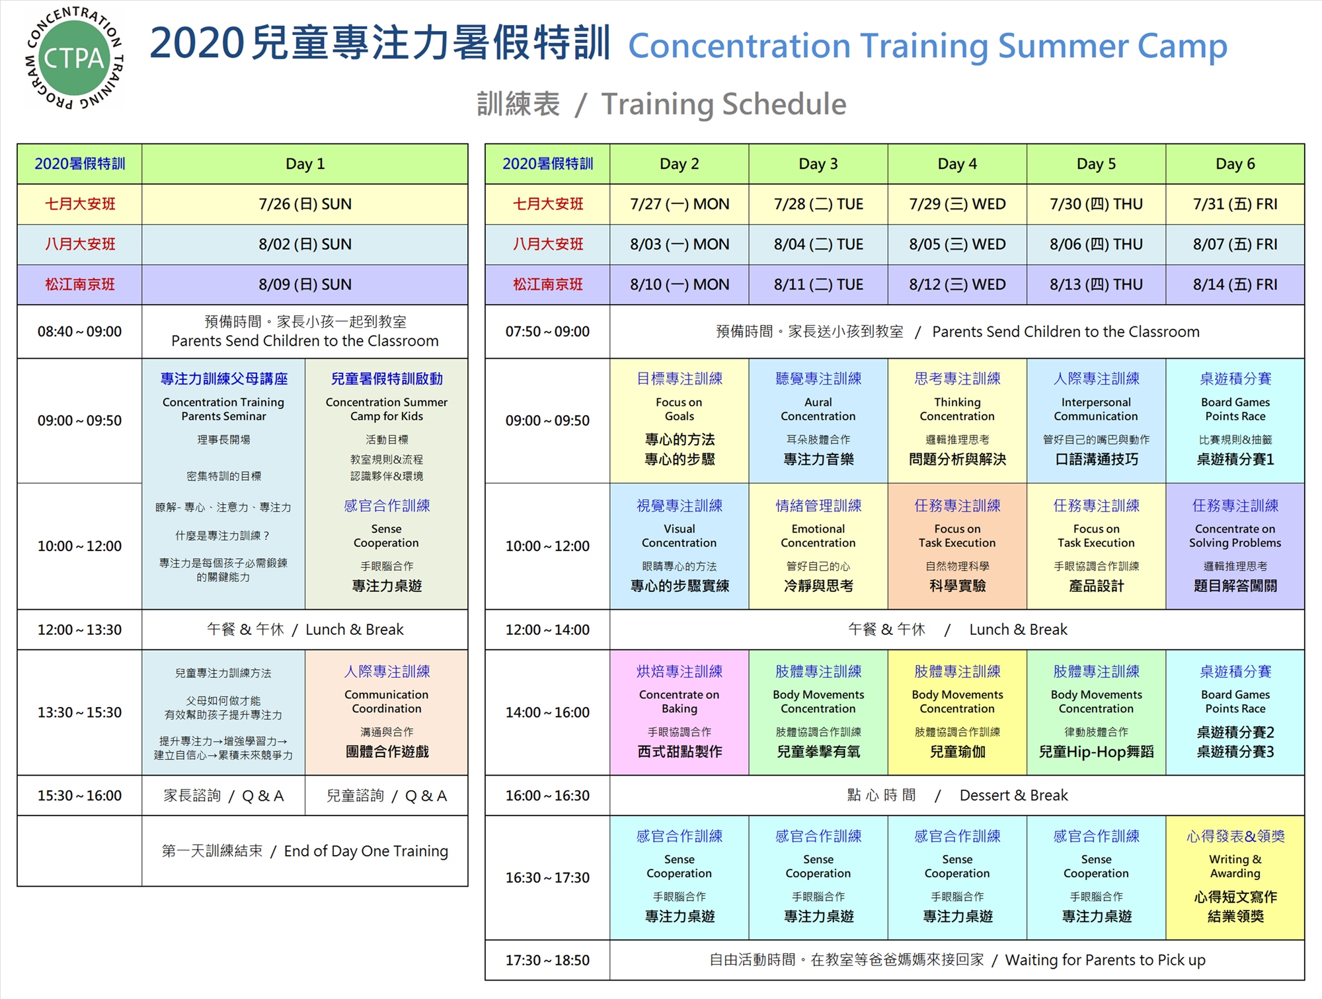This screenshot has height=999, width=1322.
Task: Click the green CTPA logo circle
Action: [x=74, y=57]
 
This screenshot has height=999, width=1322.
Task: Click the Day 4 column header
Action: [x=957, y=164]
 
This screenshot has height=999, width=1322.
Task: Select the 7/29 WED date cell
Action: [x=957, y=204]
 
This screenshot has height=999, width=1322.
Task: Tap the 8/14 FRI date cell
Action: [x=1235, y=285]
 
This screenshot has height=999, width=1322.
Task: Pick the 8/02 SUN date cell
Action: [x=305, y=244]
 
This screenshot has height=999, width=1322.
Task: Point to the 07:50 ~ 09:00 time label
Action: [x=547, y=332]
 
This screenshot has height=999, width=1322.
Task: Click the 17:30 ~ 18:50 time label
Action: [x=547, y=960]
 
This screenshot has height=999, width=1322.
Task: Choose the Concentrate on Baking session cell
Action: [x=680, y=712]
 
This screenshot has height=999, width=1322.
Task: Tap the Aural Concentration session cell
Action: [x=818, y=421]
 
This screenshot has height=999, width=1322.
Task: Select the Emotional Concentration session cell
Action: [x=818, y=546]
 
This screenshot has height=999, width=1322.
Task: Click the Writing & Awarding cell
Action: [x=1235, y=877]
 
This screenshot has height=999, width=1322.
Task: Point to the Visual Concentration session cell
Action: [x=680, y=546]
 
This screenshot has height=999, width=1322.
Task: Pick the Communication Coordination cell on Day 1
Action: [x=387, y=712]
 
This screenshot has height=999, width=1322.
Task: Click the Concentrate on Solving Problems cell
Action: [x=1235, y=546]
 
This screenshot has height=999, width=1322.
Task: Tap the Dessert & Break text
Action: [x=1013, y=795]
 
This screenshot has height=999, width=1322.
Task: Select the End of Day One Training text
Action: [x=366, y=851]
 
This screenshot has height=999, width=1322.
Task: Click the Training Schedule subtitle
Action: [x=724, y=104]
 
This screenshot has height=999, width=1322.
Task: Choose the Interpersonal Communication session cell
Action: [x=1096, y=421]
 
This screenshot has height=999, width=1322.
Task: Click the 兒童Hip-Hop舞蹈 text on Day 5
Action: [x=1096, y=752]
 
